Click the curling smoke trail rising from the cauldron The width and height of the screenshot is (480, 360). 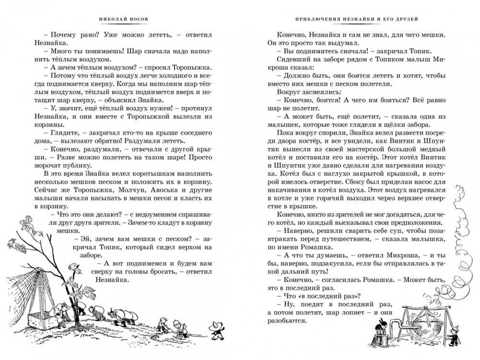click(x=458, y=240)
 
